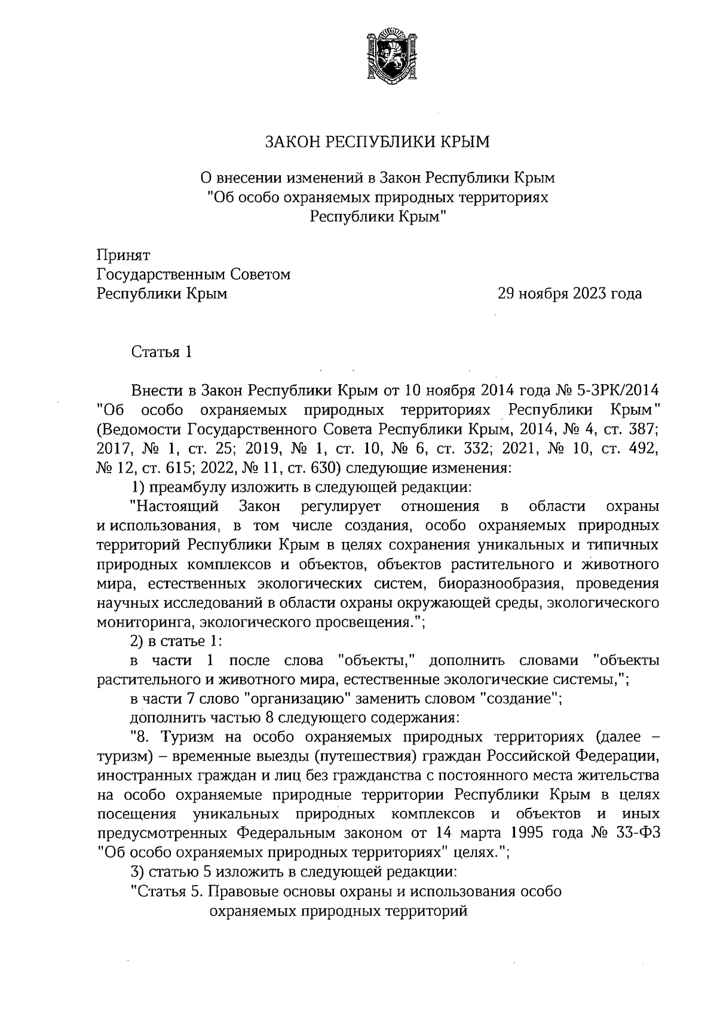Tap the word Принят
(x=124, y=256)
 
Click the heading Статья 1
(x=161, y=352)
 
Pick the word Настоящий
(x=174, y=507)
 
